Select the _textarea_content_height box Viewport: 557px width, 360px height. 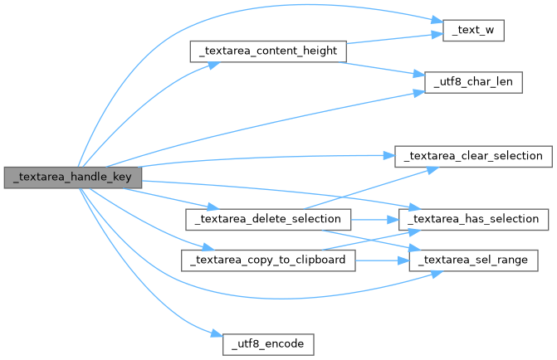267,51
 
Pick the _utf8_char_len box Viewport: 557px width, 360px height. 473,83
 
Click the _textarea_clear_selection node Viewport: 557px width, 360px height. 473,155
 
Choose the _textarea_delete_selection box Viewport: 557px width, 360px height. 267,219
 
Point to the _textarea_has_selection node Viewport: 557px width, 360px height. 473,219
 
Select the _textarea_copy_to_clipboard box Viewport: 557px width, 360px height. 269,260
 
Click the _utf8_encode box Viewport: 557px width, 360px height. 267,343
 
